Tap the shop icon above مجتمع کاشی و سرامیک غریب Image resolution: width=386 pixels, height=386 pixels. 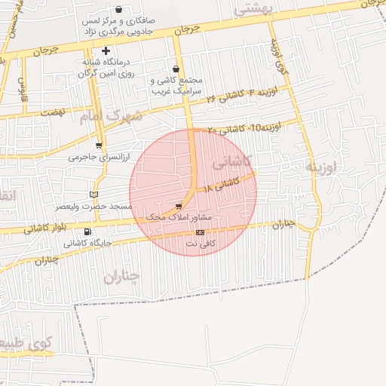point(176,69)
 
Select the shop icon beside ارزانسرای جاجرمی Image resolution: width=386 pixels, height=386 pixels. point(99,146)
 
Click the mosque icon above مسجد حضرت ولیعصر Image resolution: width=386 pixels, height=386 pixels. point(93,195)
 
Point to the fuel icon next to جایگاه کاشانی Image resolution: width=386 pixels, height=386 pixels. point(89,231)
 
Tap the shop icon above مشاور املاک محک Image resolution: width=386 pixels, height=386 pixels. point(178,206)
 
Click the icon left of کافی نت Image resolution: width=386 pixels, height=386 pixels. point(200,232)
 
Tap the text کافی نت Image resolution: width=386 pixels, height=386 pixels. point(221,244)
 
